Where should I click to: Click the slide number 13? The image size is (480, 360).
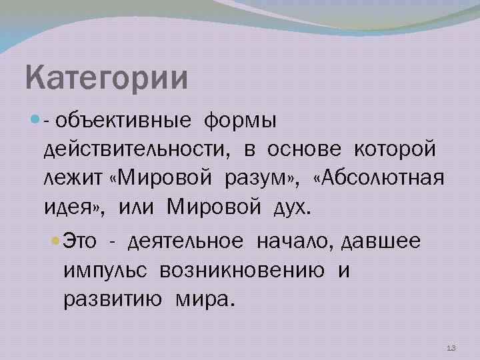[x=451, y=348]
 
